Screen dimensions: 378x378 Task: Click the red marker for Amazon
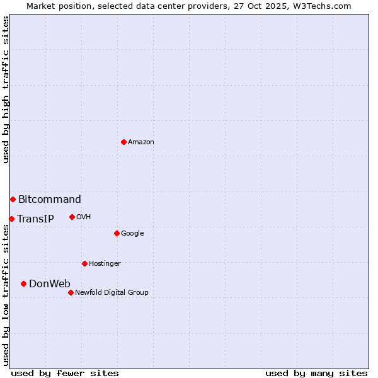click(123, 142)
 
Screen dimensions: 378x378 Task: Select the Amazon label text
click(141, 142)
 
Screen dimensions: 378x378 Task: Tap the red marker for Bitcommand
click(13, 199)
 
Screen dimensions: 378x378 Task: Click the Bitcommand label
click(49, 200)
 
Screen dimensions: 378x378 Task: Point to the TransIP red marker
click(11, 219)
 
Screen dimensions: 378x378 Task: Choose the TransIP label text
click(35, 219)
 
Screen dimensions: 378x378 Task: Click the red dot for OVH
click(72, 217)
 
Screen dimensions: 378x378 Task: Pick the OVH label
click(84, 217)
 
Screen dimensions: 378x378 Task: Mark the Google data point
click(117, 233)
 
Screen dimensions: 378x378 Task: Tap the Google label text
click(132, 234)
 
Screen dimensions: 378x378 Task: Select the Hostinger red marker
click(84, 263)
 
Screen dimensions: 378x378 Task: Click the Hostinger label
click(105, 264)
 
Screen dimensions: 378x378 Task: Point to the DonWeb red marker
click(23, 283)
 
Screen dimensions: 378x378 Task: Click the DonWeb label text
click(50, 284)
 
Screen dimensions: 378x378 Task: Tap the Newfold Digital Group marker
click(71, 292)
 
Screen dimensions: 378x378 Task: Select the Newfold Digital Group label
click(112, 293)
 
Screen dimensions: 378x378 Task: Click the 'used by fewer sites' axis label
click(65, 373)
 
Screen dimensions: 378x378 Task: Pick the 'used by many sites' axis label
click(316, 373)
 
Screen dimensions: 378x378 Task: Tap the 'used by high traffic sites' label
click(6, 89)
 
